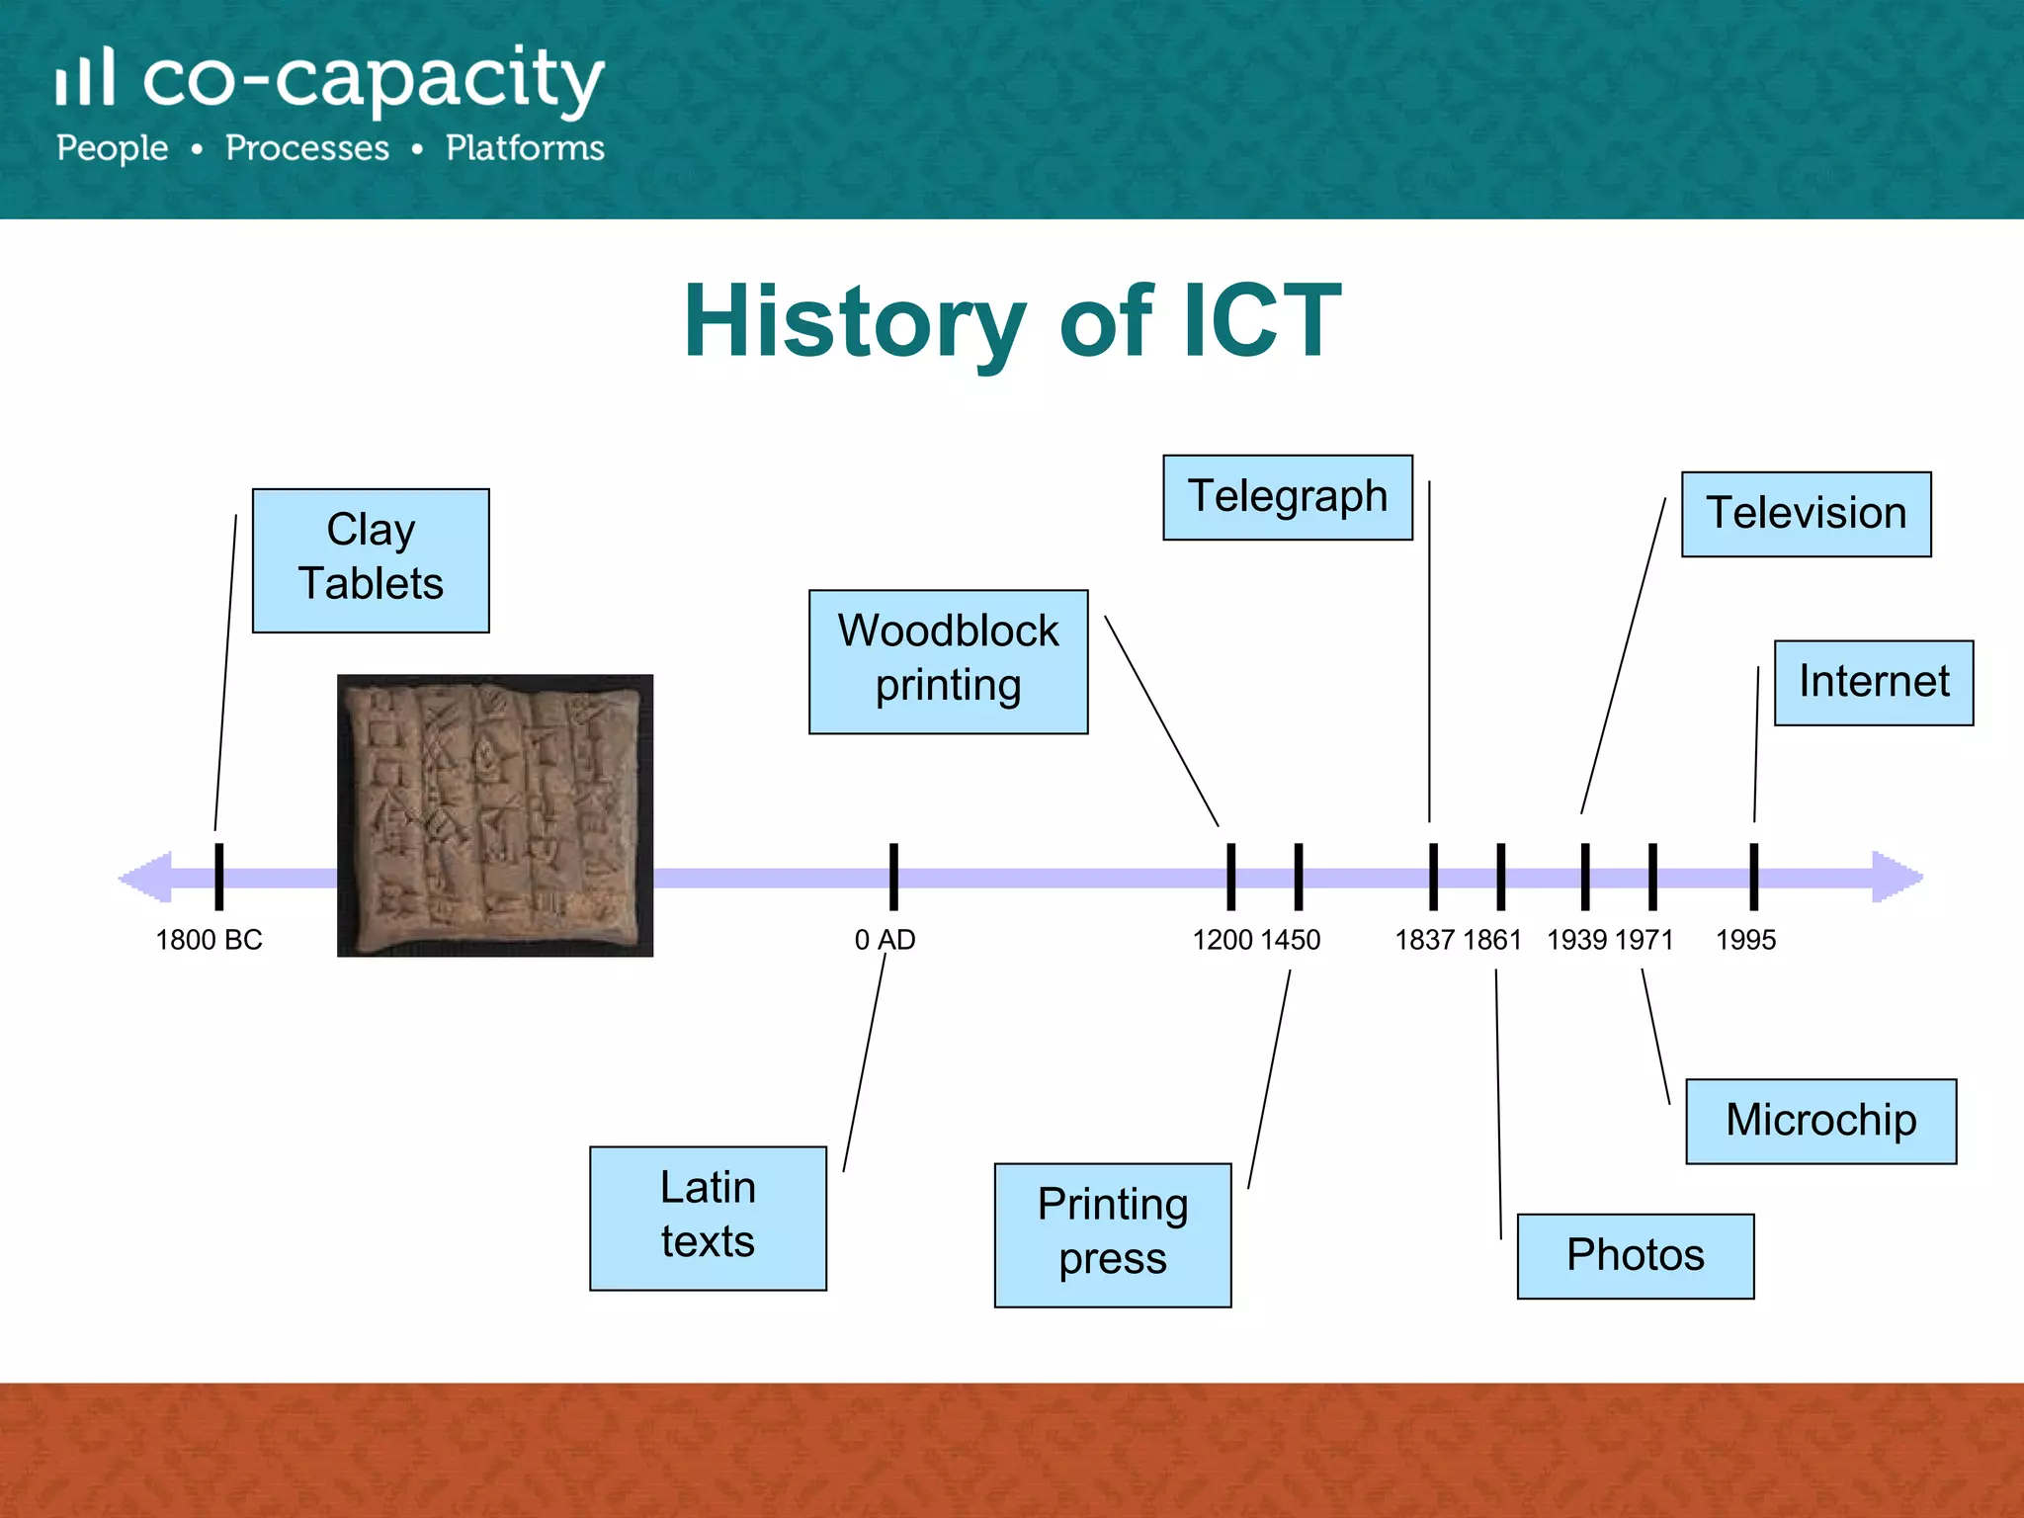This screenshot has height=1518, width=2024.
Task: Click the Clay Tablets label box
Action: coord(371,560)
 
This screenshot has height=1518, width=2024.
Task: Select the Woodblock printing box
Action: coord(948,661)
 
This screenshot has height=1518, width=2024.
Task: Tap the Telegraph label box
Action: coord(1287,497)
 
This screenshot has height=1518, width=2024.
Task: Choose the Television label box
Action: coord(1806,514)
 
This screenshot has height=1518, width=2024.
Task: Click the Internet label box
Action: coord(1873,683)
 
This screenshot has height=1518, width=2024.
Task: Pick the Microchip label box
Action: coord(1820,1121)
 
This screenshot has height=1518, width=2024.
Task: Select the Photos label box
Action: coord(1635,1255)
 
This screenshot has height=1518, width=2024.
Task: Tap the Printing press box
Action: coord(1112,1234)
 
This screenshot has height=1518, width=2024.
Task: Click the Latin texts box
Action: coord(708,1218)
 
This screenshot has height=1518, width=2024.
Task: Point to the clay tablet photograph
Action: coord(494,815)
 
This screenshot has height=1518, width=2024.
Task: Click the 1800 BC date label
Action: coord(209,940)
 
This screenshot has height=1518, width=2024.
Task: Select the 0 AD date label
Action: coord(885,940)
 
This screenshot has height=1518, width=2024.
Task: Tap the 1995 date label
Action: coord(1745,940)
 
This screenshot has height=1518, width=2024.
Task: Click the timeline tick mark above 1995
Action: coord(1753,876)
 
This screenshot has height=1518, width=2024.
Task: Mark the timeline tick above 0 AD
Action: coord(893,876)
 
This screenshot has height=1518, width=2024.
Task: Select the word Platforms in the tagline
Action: coord(525,148)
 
